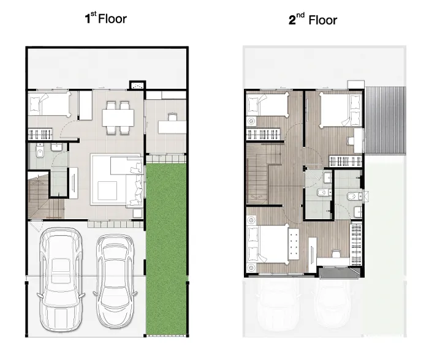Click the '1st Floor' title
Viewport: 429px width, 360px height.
106,18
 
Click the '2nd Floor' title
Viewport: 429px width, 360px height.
313,20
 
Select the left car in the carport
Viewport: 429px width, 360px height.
61,279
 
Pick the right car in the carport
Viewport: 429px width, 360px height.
115,281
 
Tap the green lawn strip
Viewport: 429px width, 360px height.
166,249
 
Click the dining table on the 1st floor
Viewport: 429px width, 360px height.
118,118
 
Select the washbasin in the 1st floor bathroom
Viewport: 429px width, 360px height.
56,147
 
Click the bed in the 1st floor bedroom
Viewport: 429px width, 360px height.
50,103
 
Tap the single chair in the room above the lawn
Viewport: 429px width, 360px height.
173,117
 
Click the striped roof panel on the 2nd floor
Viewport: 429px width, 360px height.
385,121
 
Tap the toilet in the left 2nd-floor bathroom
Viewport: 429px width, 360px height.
324,193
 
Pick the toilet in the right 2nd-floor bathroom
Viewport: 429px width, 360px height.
354,196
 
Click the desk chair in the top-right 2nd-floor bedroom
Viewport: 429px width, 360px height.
350,141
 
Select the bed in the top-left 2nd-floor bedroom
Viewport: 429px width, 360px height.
267,104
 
